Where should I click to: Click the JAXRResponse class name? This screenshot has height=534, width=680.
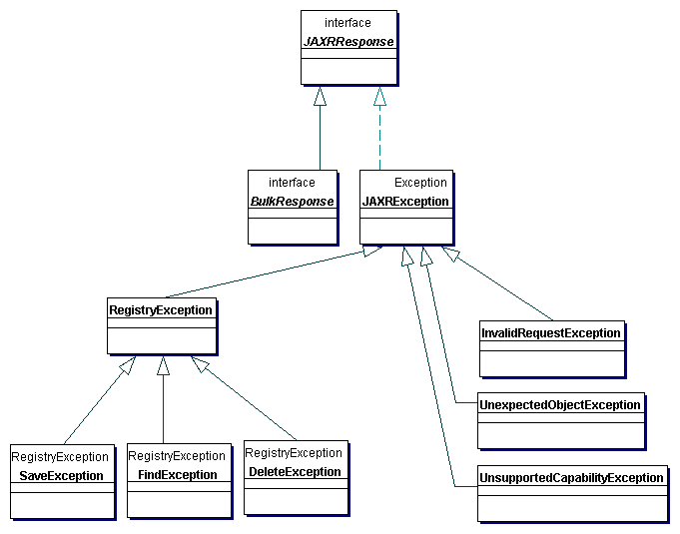tap(348, 42)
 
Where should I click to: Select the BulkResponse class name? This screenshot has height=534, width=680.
tap(292, 201)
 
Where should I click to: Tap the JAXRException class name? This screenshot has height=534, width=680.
tap(405, 201)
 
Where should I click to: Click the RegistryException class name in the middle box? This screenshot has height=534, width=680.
tap(161, 310)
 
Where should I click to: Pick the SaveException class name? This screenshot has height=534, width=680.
tap(62, 475)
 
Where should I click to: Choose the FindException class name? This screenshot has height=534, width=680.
tap(178, 475)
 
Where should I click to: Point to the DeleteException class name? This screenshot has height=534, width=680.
tap(296, 471)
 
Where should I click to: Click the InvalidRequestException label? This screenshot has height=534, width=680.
tap(551, 332)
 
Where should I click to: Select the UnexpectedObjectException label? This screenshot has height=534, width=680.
tap(560, 404)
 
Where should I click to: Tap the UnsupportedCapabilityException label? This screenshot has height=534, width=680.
tap(571, 477)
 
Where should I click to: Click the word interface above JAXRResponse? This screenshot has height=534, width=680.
tap(347, 22)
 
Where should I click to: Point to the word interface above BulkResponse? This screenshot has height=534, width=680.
tap(292, 183)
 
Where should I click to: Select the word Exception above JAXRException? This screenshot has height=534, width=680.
tap(420, 183)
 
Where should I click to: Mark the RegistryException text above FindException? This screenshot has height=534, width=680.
tap(177, 456)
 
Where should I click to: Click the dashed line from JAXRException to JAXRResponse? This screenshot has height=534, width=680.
tap(379, 135)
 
